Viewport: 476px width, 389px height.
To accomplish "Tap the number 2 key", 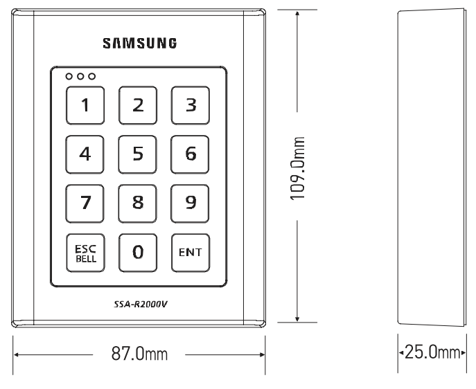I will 138,105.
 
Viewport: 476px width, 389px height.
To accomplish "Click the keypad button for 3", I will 191,105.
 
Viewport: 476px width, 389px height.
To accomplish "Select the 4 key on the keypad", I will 85,154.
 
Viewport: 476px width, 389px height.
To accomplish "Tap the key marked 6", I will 191,154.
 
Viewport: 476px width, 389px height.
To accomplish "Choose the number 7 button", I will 85,203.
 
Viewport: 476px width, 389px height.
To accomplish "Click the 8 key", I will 138,203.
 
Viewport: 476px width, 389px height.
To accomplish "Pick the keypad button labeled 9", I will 191,203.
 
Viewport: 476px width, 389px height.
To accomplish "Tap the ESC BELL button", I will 85,252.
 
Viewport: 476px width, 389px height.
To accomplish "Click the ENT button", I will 191,252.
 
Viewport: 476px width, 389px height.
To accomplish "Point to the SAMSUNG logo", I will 139,44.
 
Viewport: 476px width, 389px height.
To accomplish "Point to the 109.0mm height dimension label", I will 300,165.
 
